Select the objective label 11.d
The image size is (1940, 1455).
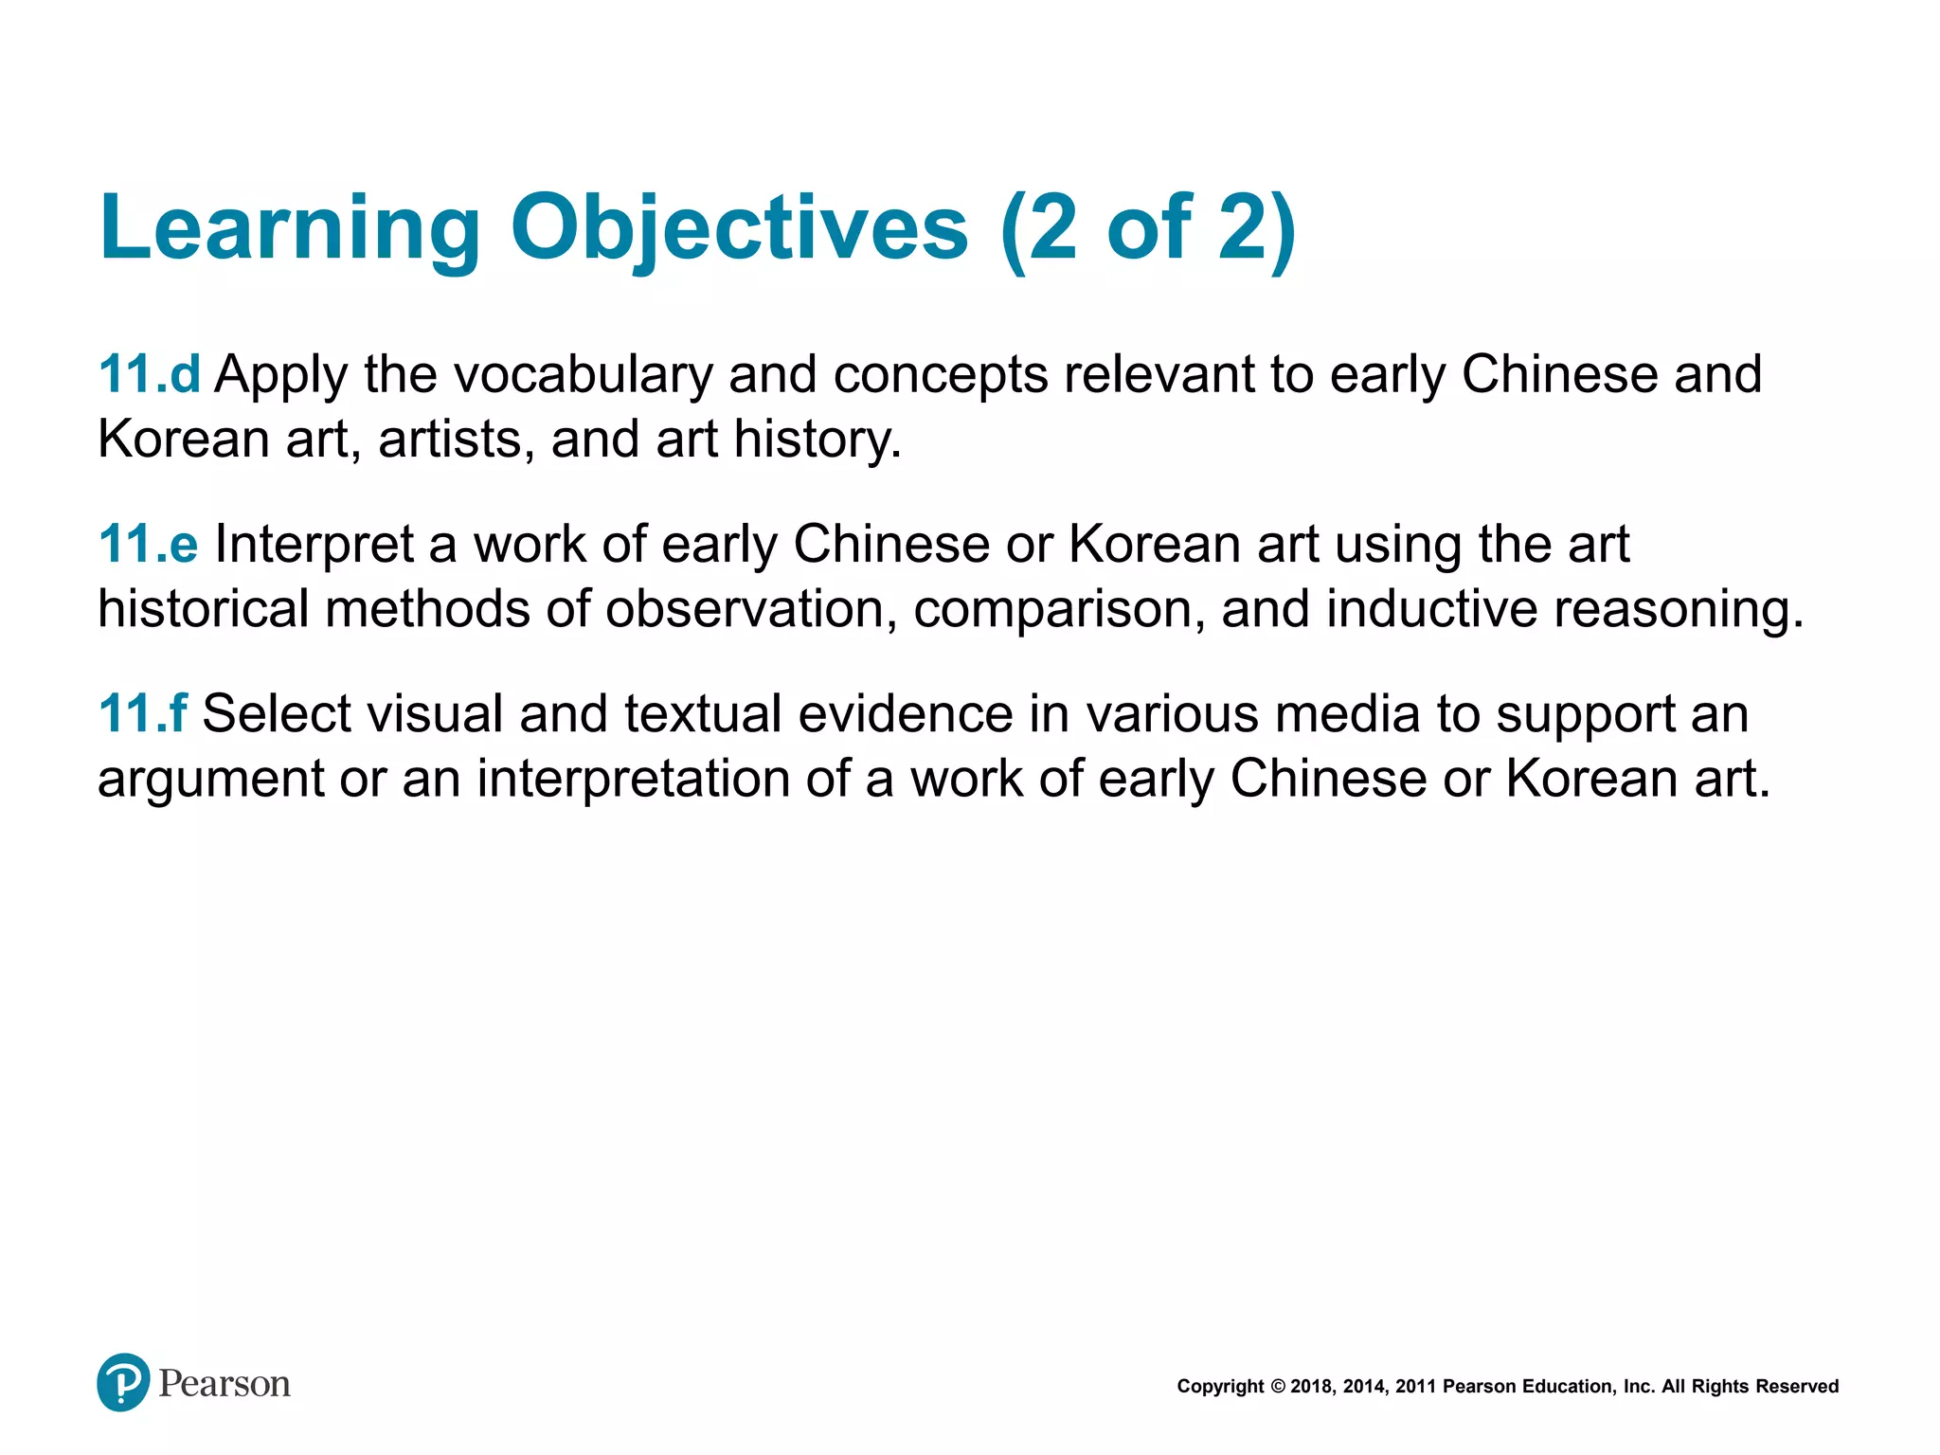click(149, 374)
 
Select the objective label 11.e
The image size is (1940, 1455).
click(148, 544)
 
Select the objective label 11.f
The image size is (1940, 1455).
click(142, 713)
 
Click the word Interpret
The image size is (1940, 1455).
click(314, 545)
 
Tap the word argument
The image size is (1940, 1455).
click(210, 781)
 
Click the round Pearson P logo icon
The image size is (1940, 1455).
click(123, 1382)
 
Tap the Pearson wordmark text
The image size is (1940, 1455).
click(225, 1384)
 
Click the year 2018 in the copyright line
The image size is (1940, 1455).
click(1311, 1387)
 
